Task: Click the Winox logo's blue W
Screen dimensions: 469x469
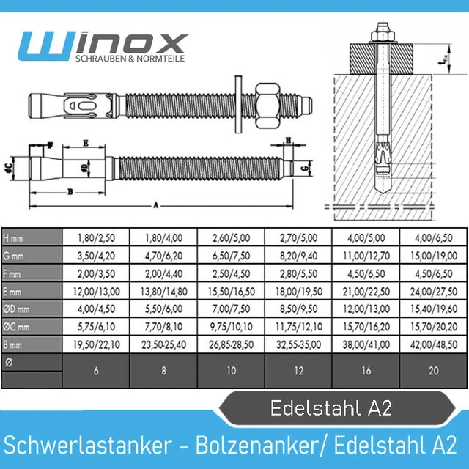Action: [45, 46]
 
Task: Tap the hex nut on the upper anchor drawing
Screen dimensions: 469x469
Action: [267, 106]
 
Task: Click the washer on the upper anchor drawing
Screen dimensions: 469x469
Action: [238, 104]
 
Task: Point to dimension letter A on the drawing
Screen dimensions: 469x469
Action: [156, 205]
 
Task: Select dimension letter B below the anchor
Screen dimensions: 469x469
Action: [70, 191]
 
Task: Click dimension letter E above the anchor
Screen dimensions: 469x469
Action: [86, 144]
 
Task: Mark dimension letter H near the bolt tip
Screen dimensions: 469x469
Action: [288, 140]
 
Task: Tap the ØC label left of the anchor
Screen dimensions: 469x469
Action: [9, 169]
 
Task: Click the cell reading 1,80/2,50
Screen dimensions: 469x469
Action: [96, 237]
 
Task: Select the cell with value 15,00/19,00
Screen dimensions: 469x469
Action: [434, 256]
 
